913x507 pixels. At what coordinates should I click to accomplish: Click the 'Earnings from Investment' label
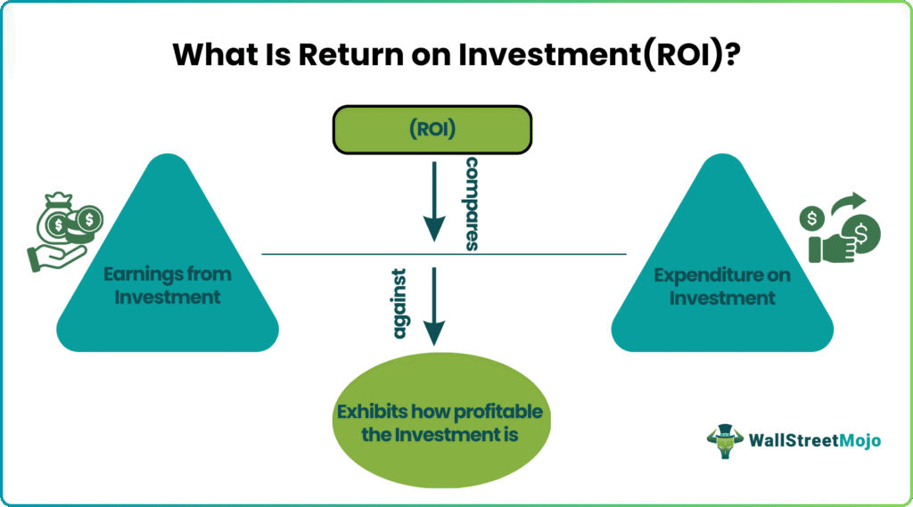pyautogui.click(x=167, y=285)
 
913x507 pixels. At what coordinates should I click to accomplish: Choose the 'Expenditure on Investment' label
pyautogui.click(x=722, y=286)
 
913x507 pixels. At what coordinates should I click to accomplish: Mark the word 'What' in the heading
pyautogui.click(x=202, y=54)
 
